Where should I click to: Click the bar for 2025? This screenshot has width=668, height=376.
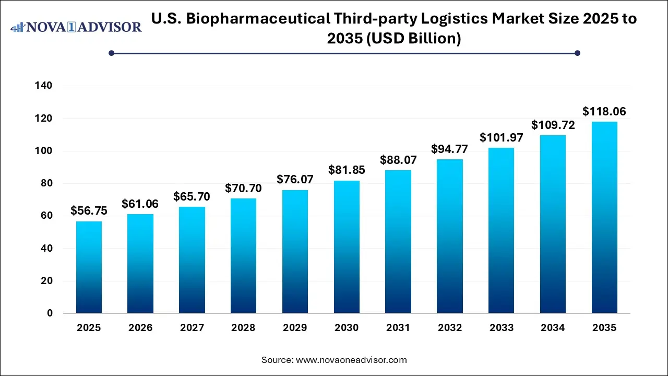89,267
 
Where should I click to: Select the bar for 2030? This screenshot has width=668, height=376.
347,247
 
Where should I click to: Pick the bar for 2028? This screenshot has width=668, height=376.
243,256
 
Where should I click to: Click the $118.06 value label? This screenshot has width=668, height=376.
604,111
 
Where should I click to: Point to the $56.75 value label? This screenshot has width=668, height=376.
89,211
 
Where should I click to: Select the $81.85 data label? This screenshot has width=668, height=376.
347,170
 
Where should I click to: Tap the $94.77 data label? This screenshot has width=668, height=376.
449,149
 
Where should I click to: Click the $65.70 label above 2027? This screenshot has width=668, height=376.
192,196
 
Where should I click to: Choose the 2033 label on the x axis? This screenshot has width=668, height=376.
501,328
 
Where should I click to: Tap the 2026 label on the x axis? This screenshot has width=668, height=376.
140,328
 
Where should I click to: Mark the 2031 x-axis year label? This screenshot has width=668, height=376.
398,328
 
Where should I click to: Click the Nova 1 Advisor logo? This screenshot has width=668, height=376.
76,27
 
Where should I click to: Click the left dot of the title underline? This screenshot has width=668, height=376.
111,53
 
